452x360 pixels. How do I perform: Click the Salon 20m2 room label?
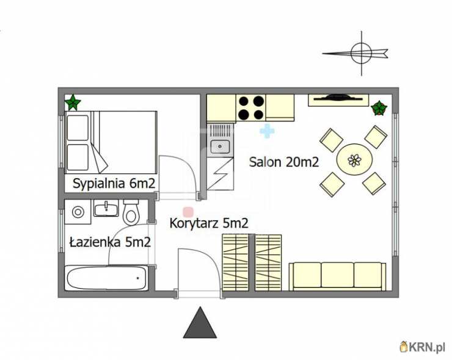click(x=284, y=162)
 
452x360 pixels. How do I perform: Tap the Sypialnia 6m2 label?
click(x=114, y=184)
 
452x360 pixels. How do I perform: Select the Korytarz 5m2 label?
click(x=209, y=223)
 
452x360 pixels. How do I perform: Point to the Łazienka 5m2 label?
click(x=110, y=242)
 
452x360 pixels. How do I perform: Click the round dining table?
click(x=354, y=160)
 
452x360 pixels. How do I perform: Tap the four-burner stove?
click(x=251, y=108)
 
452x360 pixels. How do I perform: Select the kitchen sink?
click(x=220, y=146)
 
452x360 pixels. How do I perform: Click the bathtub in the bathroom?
click(x=107, y=278)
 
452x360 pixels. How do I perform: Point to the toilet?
click(x=131, y=212)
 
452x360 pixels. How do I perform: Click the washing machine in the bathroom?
click(x=78, y=212)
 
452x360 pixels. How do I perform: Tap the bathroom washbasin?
click(x=106, y=208)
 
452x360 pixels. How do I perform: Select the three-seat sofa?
click(x=338, y=276)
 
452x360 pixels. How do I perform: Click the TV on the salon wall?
click(x=338, y=98)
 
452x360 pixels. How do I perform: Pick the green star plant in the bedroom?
click(x=73, y=103)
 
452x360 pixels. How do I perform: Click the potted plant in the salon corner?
click(x=379, y=108)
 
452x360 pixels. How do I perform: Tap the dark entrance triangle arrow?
click(x=200, y=324)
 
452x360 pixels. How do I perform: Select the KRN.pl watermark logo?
click(x=423, y=347)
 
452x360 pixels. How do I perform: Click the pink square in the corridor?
click(x=188, y=212)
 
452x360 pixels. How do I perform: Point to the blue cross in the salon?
click(x=267, y=131)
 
